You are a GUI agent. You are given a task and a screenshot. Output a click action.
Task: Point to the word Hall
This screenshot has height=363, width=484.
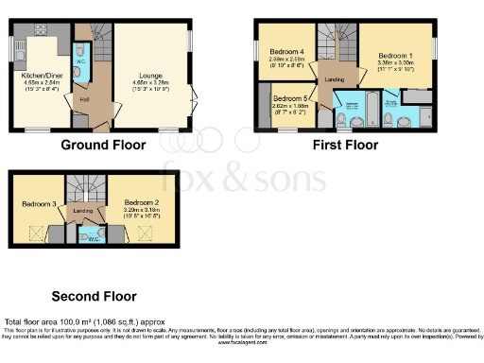(84, 96)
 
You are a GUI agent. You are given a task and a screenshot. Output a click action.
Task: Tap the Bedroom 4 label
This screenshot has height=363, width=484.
(287, 51)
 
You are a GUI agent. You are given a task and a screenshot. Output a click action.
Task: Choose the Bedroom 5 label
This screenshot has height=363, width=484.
(290, 98)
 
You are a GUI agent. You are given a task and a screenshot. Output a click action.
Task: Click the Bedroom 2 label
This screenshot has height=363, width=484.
(143, 202)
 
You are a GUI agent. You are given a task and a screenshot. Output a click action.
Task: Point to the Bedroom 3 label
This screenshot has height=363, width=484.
(41, 204)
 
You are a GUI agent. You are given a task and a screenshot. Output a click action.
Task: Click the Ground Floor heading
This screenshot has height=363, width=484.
(103, 146)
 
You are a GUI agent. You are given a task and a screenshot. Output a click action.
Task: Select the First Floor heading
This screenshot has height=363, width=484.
(346, 146)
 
